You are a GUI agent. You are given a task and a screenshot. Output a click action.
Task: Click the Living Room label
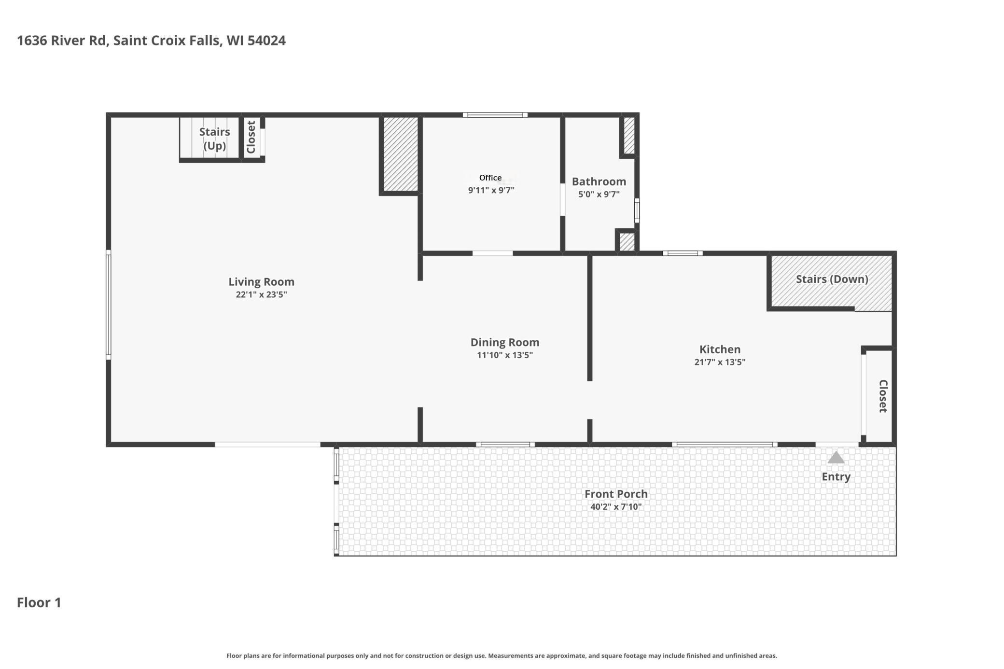261,281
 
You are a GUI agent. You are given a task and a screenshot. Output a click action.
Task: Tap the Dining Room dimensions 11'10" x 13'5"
504,355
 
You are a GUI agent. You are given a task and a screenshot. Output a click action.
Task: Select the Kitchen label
720,349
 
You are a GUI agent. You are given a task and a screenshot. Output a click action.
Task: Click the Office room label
490,178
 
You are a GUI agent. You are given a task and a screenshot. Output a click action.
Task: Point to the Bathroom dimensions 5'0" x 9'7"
599,195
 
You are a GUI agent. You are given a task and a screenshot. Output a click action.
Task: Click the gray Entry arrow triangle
836,458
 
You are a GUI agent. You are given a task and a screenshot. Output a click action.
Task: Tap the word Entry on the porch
836,476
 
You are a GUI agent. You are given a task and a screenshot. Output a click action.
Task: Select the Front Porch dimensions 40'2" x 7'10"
616,507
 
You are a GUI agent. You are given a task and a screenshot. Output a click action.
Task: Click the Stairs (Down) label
832,279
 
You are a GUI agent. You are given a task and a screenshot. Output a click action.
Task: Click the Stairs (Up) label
214,139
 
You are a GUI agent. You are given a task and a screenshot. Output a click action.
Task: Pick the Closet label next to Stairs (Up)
251,137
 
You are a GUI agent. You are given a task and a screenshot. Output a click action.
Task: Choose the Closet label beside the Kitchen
882,396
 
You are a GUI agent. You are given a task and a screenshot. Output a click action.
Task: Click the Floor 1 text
39,602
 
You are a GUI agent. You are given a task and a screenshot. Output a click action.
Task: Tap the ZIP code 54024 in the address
266,41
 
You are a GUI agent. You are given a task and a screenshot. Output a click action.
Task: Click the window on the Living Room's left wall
109,305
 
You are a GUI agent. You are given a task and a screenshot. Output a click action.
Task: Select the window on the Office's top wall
495,115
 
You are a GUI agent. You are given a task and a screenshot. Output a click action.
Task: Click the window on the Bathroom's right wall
637,210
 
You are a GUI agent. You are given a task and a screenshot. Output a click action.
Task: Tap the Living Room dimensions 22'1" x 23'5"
261,294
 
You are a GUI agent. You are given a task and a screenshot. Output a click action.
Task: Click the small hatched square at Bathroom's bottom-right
627,242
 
